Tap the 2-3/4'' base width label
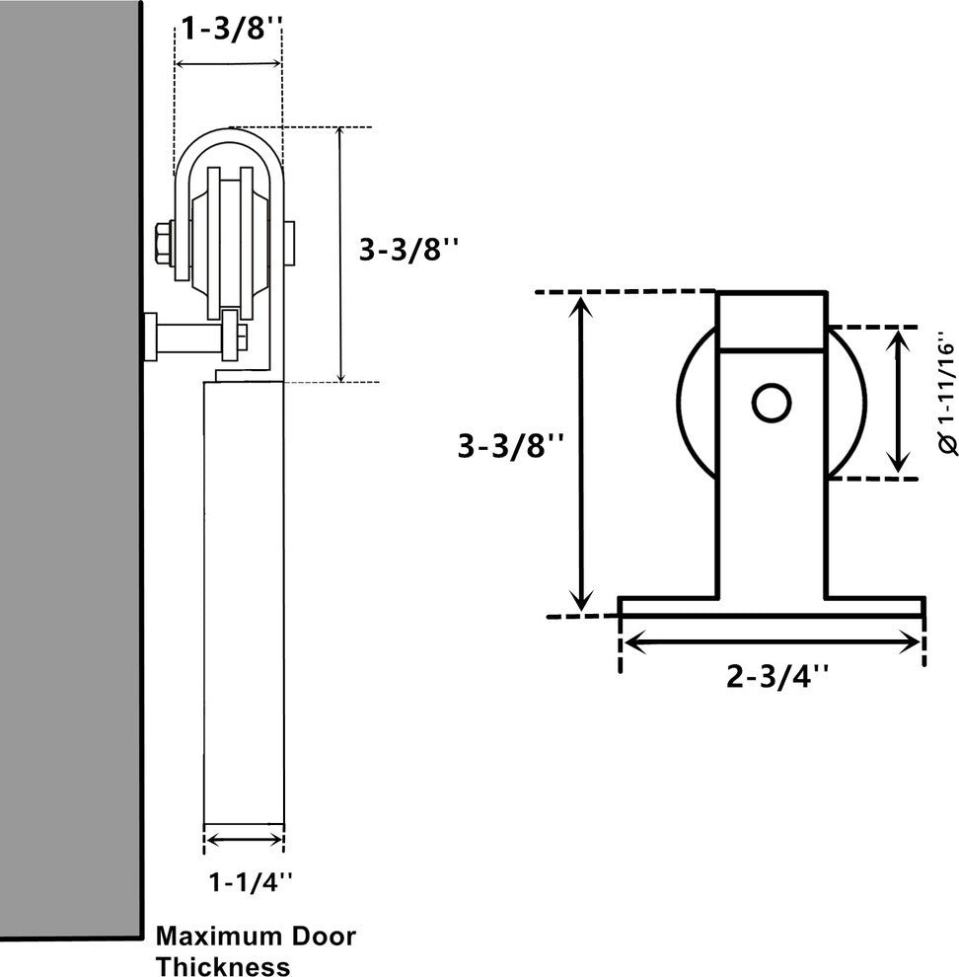(x=777, y=677)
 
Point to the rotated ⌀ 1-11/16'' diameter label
(x=944, y=398)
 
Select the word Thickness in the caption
(x=223, y=965)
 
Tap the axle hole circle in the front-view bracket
(x=771, y=403)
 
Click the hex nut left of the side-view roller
(x=164, y=242)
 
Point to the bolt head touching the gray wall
(x=150, y=337)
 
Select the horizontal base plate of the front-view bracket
(x=771, y=607)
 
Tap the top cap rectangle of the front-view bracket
(x=771, y=321)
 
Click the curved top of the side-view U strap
(x=229, y=139)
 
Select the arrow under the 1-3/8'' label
(x=229, y=65)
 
